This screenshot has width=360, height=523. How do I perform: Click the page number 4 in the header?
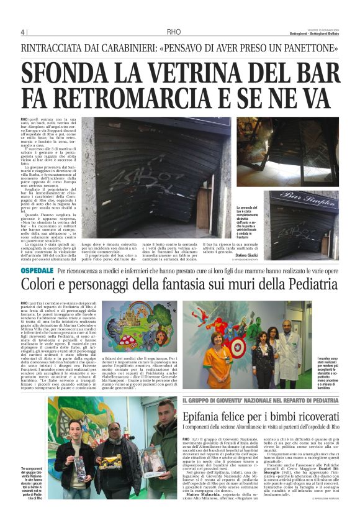[23, 32]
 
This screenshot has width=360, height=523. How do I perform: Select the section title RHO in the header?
[174, 32]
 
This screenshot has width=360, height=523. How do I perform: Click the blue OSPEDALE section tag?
[37, 271]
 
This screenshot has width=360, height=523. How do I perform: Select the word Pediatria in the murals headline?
[290, 285]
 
